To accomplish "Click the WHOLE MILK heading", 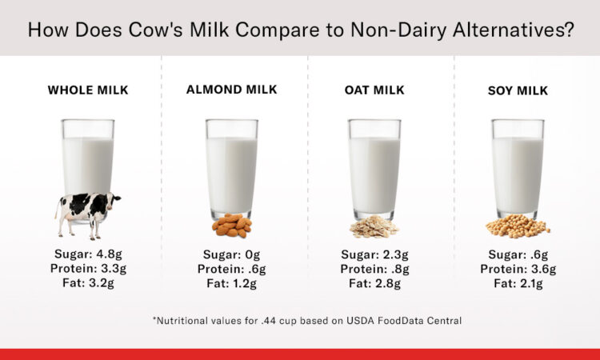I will pyautogui.click(x=88, y=90).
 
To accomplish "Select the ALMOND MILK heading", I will pyautogui.click(x=231, y=90).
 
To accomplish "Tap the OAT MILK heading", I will pyautogui.click(x=374, y=90).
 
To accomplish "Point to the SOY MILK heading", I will pyautogui.click(x=518, y=90).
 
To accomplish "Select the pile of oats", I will pyautogui.click(x=374, y=227).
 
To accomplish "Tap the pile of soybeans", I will pyautogui.click(x=518, y=226).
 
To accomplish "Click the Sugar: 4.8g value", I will pyautogui.click(x=88, y=254).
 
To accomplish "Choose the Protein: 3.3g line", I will pyautogui.click(x=88, y=268).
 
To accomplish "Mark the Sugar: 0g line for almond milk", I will pyautogui.click(x=231, y=254).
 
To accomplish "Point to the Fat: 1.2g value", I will pyautogui.click(x=231, y=282).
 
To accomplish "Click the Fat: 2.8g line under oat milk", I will pyautogui.click(x=374, y=282).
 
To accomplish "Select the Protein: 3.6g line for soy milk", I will pyautogui.click(x=518, y=268).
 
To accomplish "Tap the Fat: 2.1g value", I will pyautogui.click(x=518, y=282).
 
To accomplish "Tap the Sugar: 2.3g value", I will pyautogui.click(x=374, y=254).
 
